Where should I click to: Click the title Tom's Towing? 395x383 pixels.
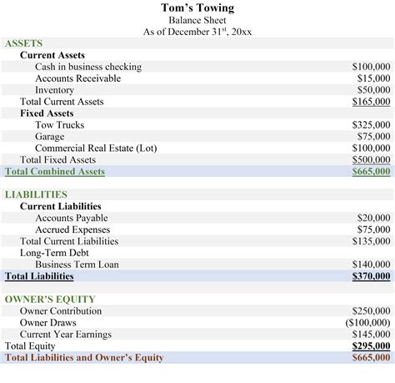tap(197, 8)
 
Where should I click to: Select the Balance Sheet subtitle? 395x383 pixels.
tap(197, 20)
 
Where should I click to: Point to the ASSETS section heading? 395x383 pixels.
tap(23, 43)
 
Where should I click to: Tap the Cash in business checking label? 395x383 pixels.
tap(88, 67)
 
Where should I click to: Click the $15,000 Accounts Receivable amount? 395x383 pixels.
tap(371, 78)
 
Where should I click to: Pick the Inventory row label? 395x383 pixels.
tap(54, 90)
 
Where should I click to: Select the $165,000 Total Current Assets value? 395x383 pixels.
tap(371, 102)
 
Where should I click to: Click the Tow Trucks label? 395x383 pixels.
tap(59, 125)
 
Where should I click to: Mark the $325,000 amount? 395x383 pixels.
tap(371, 125)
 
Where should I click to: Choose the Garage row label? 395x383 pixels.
tap(50, 137)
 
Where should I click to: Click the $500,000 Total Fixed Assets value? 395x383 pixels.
tap(371, 160)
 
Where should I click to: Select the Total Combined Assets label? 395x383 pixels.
tap(55, 172)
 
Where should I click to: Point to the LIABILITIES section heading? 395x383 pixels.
tap(36, 194)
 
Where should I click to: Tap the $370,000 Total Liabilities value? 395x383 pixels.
tap(371, 276)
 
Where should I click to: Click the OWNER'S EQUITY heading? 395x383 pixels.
tap(50, 299)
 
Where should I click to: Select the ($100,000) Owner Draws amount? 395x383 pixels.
tap(367, 323)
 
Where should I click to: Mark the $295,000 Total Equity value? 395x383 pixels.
tap(371, 346)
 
